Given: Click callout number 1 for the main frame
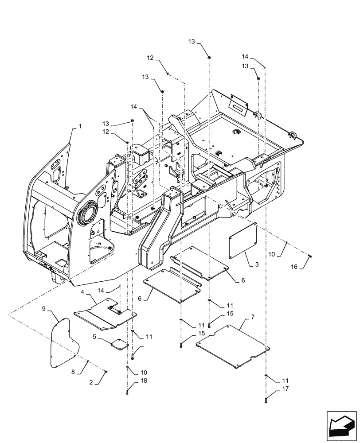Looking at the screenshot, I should tap(80, 126).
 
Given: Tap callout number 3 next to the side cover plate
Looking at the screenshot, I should tap(256, 264).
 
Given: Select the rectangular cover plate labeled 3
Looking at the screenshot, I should tap(243, 241).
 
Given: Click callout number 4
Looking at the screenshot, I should tap(83, 292).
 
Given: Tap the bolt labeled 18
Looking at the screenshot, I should tap(127, 391).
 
